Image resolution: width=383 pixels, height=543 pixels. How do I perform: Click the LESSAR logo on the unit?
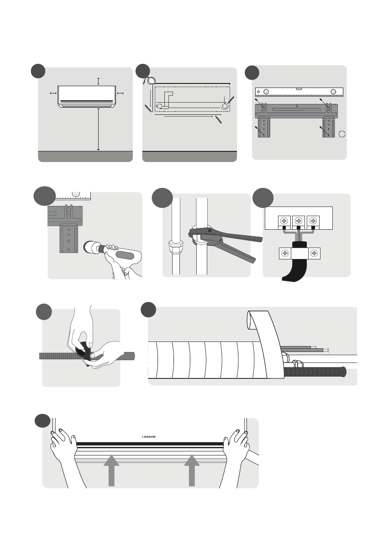click(x=149, y=437)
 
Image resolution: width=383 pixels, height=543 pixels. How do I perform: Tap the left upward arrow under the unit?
click(x=111, y=471)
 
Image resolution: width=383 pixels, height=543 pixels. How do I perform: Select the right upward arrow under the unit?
click(x=192, y=471)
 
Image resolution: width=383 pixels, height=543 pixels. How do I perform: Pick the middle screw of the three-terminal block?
click(x=299, y=221)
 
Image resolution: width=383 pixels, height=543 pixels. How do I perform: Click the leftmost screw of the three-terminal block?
click(x=284, y=221)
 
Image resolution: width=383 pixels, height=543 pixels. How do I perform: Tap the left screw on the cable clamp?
click(x=285, y=253)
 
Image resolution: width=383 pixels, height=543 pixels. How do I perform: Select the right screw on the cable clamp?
click(x=314, y=253)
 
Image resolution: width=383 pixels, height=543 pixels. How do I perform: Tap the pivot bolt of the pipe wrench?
click(x=210, y=230)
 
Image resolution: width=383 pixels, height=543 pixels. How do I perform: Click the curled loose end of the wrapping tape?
click(x=253, y=321)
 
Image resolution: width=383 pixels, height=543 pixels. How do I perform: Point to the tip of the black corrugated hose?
click(x=344, y=372)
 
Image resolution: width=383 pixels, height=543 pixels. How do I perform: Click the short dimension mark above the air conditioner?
click(x=99, y=81)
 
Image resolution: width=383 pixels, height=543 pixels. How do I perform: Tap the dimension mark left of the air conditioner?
click(x=53, y=93)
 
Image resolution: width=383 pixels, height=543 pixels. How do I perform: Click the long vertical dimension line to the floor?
click(x=99, y=129)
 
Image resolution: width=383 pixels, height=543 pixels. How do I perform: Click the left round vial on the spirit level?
click(x=266, y=92)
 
